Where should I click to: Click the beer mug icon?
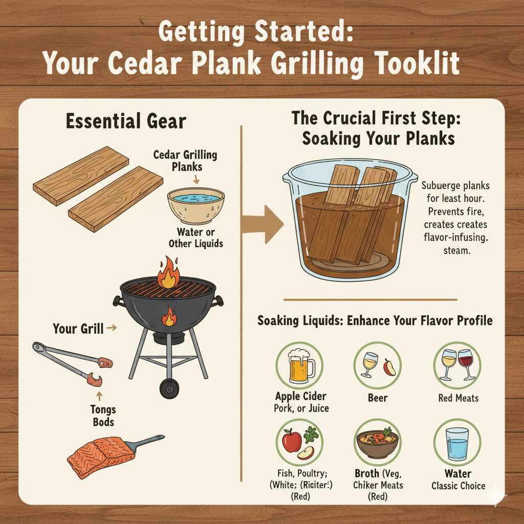point(300,366)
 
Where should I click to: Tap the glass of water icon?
point(457,443)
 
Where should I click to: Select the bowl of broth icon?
point(378,443)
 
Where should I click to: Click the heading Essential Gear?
point(126,122)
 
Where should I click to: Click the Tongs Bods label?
point(103,416)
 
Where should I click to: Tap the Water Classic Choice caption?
point(458,479)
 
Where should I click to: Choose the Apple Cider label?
point(301,396)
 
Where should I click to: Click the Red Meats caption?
point(458,398)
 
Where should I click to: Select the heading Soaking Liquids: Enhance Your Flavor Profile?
point(375,321)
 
